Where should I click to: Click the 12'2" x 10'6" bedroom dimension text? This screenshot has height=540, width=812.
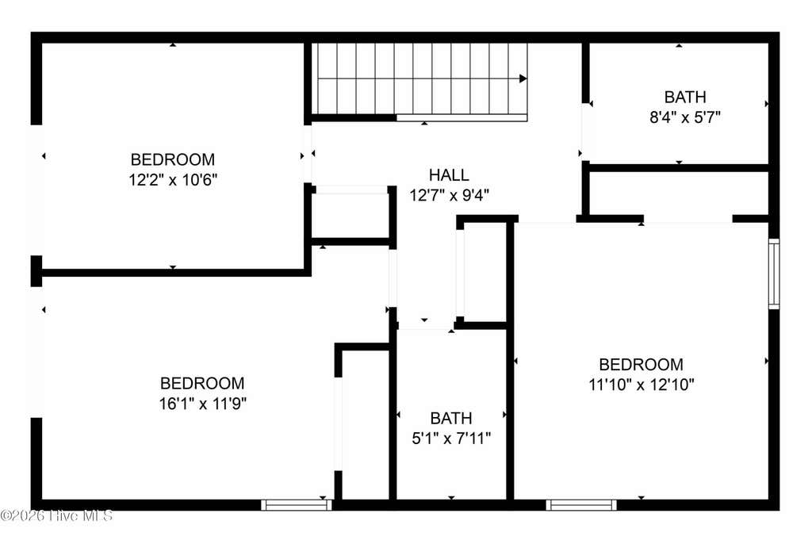pyautogui.click(x=173, y=180)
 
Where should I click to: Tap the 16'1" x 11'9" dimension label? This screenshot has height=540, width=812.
pyautogui.click(x=202, y=404)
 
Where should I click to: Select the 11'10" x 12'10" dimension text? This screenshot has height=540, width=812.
pyautogui.click(x=641, y=385)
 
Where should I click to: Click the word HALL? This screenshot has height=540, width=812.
pyautogui.click(x=449, y=175)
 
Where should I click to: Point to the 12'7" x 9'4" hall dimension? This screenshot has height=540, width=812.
pyautogui.click(x=449, y=195)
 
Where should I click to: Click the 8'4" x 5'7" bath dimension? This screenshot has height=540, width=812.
pyautogui.click(x=685, y=117)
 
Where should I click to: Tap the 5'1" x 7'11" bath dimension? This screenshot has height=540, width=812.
pyautogui.click(x=451, y=439)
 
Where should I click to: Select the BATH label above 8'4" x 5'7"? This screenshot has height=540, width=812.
pyautogui.click(x=685, y=98)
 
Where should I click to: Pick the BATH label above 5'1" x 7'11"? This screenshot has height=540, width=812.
pyautogui.click(x=451, y=419)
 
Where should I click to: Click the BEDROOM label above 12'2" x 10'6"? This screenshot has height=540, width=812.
pyautogui.click(x=173, y=159)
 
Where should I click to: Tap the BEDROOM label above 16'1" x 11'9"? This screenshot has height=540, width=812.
pyautogui.click(x=202, y=383)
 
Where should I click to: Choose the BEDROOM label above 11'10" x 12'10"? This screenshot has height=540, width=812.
pyautogui.click(x=641, y=365)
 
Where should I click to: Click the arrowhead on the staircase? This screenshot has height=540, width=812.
pyautogui.click(x=523, y=79)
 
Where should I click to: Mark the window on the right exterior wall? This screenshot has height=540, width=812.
pyautogui.click(x=774, y=274)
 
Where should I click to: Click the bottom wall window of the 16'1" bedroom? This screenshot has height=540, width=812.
pyautogui.click(x=297, y=505)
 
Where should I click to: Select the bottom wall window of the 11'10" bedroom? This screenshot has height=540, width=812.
pyautogui.click(x=581, y=505)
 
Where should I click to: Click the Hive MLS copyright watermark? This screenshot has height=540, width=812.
pyautogui.click(x=56, y=515)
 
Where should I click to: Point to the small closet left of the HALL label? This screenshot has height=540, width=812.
pyautogui.click(x=351, y=216)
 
